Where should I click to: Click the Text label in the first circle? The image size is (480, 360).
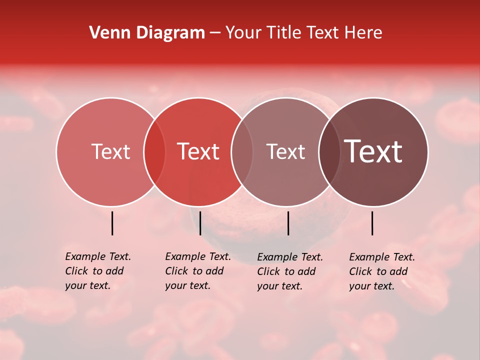tap(110, 151)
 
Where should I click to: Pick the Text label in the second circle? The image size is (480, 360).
tap(198, 151)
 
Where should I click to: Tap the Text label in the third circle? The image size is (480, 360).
tap(285, 151)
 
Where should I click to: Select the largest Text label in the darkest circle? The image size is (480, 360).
tap(373, 151)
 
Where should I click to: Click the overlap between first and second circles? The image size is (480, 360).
tap(154, 152)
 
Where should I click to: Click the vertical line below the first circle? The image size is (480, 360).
tap(112, 223)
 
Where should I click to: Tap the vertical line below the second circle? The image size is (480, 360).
tap(200, 223)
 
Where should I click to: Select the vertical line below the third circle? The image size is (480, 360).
tap(288, 223)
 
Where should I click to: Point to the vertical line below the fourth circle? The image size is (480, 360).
tap(372, 223)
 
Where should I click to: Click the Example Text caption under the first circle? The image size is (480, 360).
tap(98, 271)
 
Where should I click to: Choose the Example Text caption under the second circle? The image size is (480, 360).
tap(198, 271)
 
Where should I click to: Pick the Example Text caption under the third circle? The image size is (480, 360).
tap(290, 271)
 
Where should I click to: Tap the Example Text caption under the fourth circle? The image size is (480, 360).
tap(382, 271)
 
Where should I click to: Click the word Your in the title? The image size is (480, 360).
tap(243, 33)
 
